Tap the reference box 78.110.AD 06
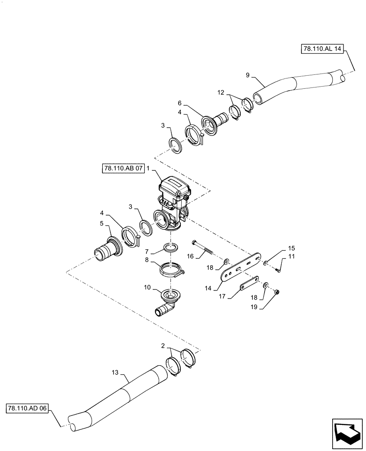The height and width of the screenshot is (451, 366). coord(27,408)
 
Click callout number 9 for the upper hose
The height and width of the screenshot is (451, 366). coord(247,75)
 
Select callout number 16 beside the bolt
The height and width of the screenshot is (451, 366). coord(190,256)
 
